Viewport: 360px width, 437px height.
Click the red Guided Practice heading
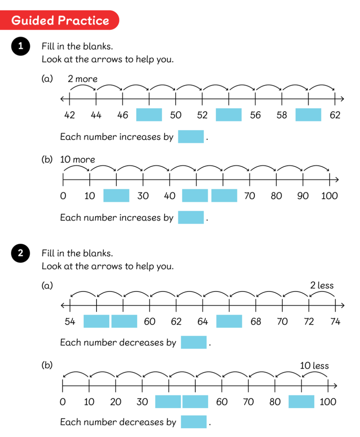coord(60,20)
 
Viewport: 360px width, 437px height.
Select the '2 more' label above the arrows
coord(83,79)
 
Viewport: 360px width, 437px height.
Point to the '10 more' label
coord(78,160)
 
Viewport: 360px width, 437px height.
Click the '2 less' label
coord(322,285)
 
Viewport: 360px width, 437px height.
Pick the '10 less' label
coord(314,366)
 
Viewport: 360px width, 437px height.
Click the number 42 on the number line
coord(70,115)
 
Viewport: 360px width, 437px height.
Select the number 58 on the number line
coord(282,115)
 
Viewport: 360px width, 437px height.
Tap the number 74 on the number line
coord(335,322)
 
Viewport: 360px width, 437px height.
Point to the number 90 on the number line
coord(303,196)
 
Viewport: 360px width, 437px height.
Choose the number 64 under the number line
coord(203,322)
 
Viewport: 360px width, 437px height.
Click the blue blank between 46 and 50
coord(149,115)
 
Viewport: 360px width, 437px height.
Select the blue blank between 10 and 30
coord(116,195)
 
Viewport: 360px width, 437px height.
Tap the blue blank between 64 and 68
coord(229,321)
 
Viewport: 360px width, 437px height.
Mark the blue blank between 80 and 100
coord(301,402)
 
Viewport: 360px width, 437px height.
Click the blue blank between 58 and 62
coord(308,115)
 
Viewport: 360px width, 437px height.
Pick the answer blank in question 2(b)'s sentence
coord(194,422)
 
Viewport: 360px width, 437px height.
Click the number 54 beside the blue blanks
coord(70,322)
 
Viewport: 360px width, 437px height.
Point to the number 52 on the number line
coord(202,115)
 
